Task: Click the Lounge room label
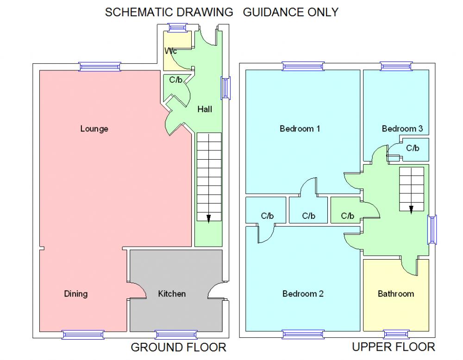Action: (94, 129)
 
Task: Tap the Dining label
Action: (75, 294)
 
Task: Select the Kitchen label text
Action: (172, 294)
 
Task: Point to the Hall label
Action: (205, 110)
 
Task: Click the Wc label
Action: (170, 51)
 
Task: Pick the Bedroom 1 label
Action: (300, 129)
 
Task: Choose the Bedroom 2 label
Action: (303, 294)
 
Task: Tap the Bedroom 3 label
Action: (402, 129)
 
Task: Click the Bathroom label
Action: (396, 294)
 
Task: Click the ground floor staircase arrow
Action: (208, 218)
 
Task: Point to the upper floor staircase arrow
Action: (411, 209)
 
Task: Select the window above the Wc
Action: (176, 27)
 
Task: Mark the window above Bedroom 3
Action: (396, 66)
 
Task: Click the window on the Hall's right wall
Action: (225, 87)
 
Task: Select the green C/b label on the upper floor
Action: (347, 216)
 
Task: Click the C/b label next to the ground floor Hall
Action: (175, 80)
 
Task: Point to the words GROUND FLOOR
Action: (179, 347)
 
